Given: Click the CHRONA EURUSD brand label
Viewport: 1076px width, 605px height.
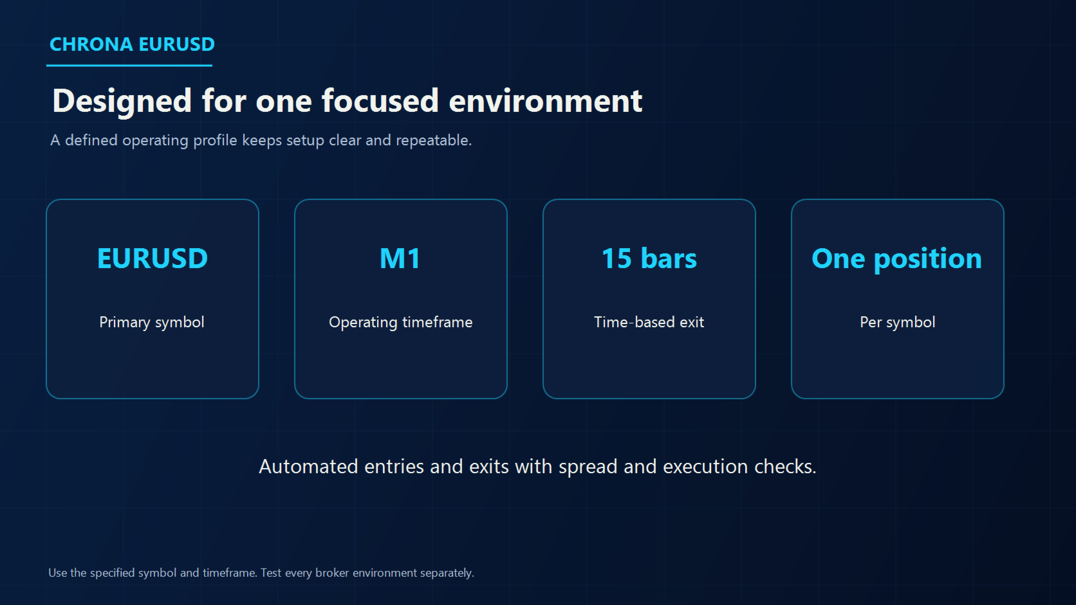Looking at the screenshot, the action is (x=132, y=44).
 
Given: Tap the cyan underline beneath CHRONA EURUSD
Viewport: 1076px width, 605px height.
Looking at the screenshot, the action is (x=129, y=65).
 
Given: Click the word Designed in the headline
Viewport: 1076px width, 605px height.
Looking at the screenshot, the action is (x=122, y=101).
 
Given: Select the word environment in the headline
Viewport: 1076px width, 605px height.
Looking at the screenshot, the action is (x=545, y=101).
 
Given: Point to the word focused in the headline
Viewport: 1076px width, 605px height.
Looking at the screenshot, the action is (x=380, y=101).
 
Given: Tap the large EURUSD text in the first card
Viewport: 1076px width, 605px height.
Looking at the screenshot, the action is (x=153, y=258).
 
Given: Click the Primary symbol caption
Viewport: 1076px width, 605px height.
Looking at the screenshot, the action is (x=152, y=322).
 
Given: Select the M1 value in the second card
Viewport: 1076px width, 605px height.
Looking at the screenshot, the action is (x=400, y=258).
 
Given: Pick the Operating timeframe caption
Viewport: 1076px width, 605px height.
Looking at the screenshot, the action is (x=401, y=322).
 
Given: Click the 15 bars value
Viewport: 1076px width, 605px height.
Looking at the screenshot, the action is (x=649, y=258).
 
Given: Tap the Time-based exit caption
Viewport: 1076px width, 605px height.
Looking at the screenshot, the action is (x=649, y=322).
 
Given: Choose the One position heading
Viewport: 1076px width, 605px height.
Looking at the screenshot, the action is (x=897, y=259).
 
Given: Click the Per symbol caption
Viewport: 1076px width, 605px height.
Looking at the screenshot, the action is (x=897, y=322).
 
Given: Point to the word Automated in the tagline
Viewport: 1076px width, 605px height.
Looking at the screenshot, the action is (x=308, y=466).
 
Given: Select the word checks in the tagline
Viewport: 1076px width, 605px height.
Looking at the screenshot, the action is (x=785, y=466).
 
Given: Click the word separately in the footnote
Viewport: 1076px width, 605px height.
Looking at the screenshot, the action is (x=447, y=573).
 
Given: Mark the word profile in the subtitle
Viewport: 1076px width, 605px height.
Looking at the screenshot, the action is (x=215, y=141).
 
